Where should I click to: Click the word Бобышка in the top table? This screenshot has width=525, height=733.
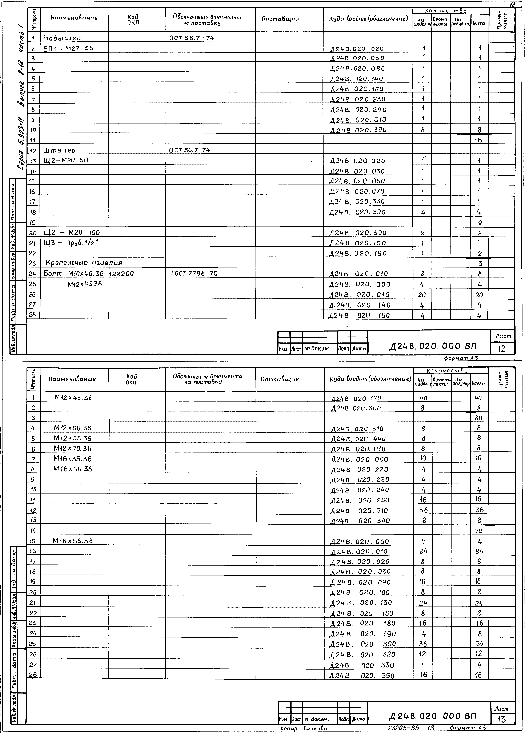(x=62, y=38)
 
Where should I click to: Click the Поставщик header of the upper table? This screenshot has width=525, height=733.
(x=280, y=19)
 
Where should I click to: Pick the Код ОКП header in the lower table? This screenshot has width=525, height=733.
(x=132, y=379)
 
